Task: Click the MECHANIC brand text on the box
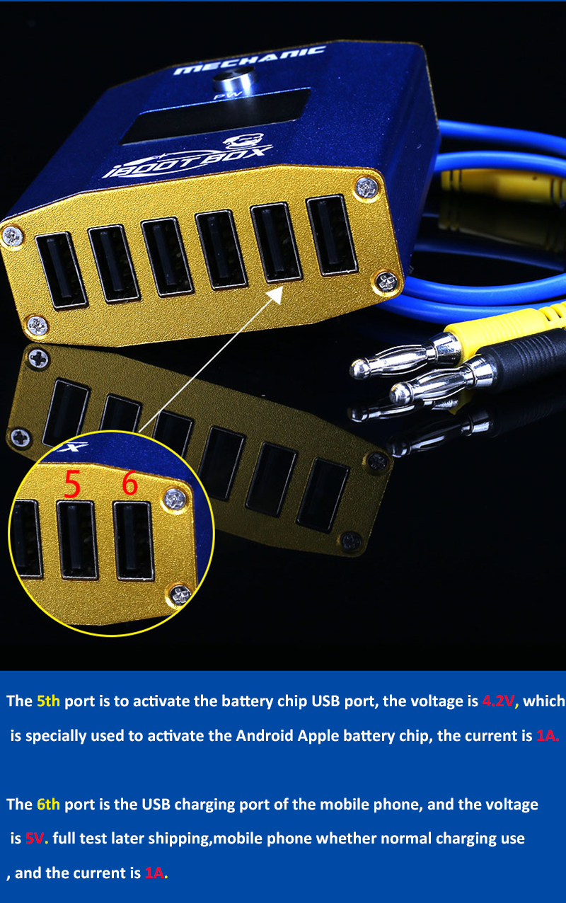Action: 250,60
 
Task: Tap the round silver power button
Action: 233,79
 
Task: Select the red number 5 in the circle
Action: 73,483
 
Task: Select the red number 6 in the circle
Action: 129,483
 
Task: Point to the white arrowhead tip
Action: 282,287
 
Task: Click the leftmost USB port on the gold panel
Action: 62,270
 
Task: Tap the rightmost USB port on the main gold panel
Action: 332,236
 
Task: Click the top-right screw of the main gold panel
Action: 367,188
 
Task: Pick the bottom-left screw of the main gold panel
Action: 37,325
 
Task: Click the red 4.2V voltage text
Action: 498,701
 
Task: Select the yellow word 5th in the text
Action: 48,701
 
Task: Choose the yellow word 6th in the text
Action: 48,804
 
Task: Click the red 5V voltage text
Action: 35,839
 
